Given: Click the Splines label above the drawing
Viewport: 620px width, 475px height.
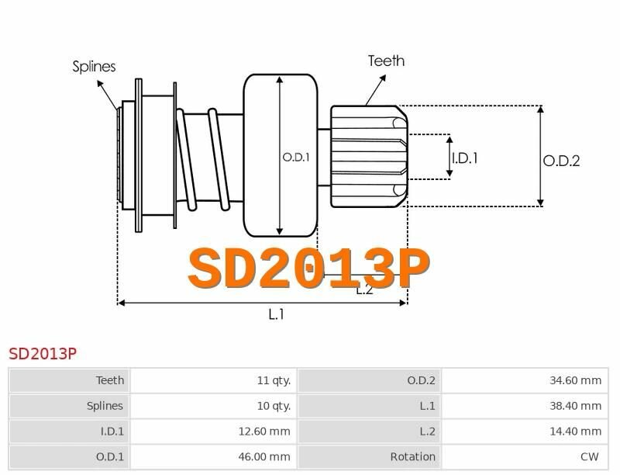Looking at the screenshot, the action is tap(94, 67).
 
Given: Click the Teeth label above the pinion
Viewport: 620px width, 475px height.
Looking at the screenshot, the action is tap(386, 61).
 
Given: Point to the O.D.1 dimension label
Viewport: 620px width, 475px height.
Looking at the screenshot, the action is tap(296, 158).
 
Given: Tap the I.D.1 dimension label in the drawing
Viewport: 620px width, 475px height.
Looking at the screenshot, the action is tap(464, 158).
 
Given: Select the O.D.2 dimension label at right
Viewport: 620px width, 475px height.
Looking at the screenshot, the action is tap(561, 161).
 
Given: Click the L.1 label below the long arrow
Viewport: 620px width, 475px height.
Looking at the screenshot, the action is tap(276, 314).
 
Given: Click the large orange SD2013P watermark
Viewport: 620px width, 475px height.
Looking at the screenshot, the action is tap(308, 269).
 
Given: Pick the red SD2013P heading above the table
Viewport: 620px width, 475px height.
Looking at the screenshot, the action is tap(43, 354).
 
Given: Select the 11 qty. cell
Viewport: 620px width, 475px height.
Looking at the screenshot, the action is tap(274, 380).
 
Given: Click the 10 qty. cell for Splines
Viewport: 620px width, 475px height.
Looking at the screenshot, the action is tap(274, 406).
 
